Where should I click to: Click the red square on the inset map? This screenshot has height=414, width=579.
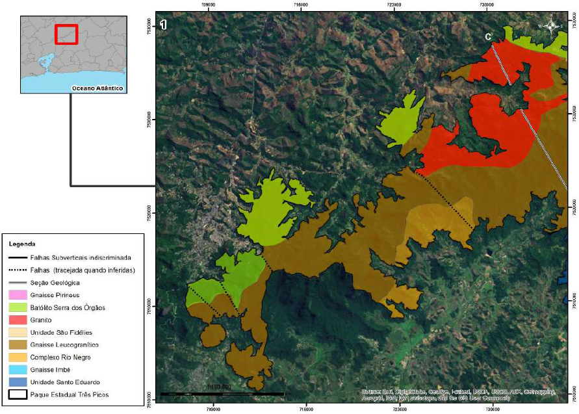(x=66, y=34)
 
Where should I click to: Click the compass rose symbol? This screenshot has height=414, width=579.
(x=552, y=26)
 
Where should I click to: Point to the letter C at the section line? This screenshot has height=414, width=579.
(x=488, y=36)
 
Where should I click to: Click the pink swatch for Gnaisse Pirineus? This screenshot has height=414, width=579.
(x=20, y=295)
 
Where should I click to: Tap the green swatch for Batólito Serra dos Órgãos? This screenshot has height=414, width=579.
(x=20, y=307)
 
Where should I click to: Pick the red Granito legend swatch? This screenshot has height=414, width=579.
(x=20, y=320)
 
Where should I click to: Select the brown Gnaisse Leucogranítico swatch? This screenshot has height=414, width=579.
(x=20, y=344)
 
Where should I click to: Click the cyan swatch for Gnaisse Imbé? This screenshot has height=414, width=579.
(x=20, y=369)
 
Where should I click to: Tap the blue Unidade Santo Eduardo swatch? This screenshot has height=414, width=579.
(x=20, y=382)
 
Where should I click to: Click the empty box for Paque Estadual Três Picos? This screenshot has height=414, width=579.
(x=20, y=394)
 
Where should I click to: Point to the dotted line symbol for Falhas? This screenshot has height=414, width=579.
(x=20, y=270)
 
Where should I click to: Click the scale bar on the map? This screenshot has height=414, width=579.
(x=222, y=394)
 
